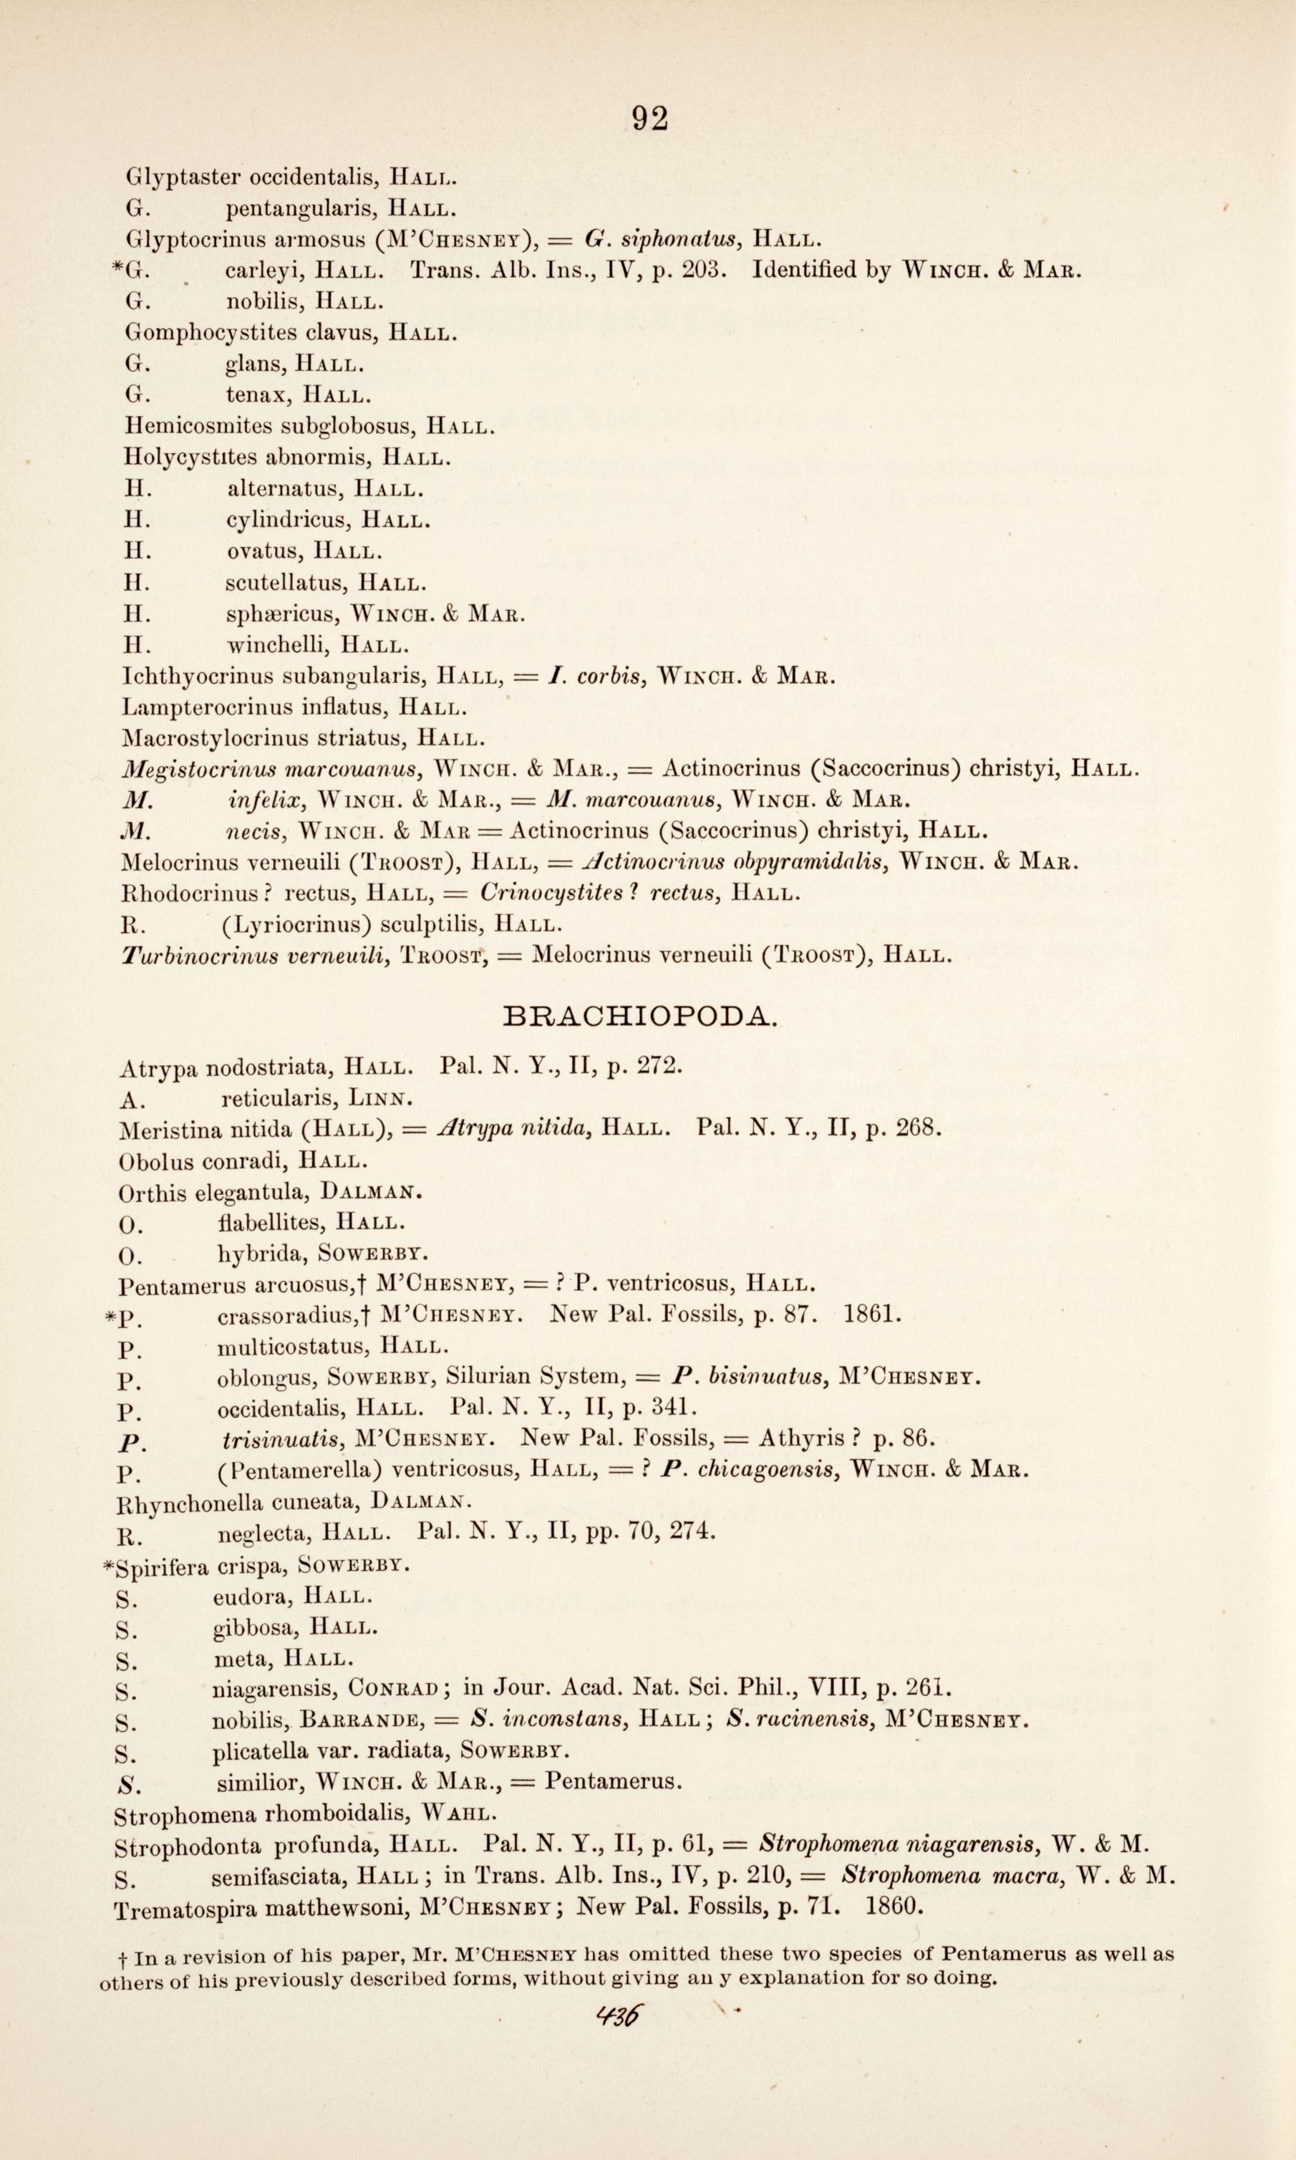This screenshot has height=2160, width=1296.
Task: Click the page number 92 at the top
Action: tap(649, 118)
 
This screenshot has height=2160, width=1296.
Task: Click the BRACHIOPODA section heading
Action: tap(640, 1016)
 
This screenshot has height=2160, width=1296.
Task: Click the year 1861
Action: tap(872, 1314)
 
